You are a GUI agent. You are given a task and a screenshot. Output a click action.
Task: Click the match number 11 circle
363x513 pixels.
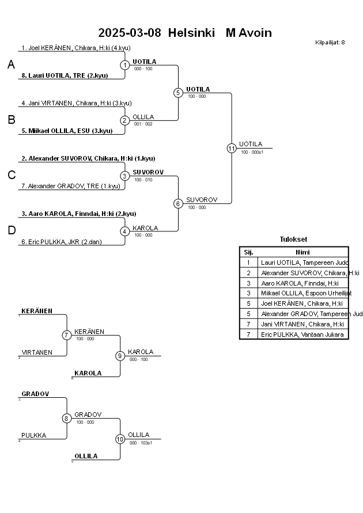pos(232,148)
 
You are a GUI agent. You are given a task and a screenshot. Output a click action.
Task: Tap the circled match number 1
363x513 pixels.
pos(125,65)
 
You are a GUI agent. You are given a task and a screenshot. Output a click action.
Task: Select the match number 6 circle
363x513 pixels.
pos(178,203)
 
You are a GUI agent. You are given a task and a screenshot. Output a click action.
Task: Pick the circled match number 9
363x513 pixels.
pos(120,356)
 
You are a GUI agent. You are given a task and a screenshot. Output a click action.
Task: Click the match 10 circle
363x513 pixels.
pos(120,439)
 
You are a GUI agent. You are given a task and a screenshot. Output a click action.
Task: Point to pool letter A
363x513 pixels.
pos(11,65)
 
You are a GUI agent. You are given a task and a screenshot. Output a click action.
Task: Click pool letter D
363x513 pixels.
pos(11,231)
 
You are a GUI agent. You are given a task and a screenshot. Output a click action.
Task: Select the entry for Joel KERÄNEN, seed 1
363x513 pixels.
pos(75,48)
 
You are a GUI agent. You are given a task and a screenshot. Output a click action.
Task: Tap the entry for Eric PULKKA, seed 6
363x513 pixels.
pos(61,242)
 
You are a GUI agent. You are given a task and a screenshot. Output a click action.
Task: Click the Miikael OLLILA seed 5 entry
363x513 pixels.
pos(67,131)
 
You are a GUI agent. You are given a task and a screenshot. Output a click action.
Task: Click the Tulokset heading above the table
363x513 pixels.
pos(293,240)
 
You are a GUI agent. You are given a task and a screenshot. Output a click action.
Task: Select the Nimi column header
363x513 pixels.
pos(302,252)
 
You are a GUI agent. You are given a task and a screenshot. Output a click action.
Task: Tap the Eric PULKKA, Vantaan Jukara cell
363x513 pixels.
pos(302,334)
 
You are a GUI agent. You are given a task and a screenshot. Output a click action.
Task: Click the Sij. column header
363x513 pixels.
pos(248,252)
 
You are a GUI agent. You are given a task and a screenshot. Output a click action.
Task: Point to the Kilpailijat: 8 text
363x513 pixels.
pos(330,42)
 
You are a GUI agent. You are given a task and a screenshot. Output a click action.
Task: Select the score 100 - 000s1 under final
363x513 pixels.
pos(252,152)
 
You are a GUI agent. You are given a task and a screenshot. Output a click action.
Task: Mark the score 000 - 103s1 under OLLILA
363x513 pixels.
pos(141,443)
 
